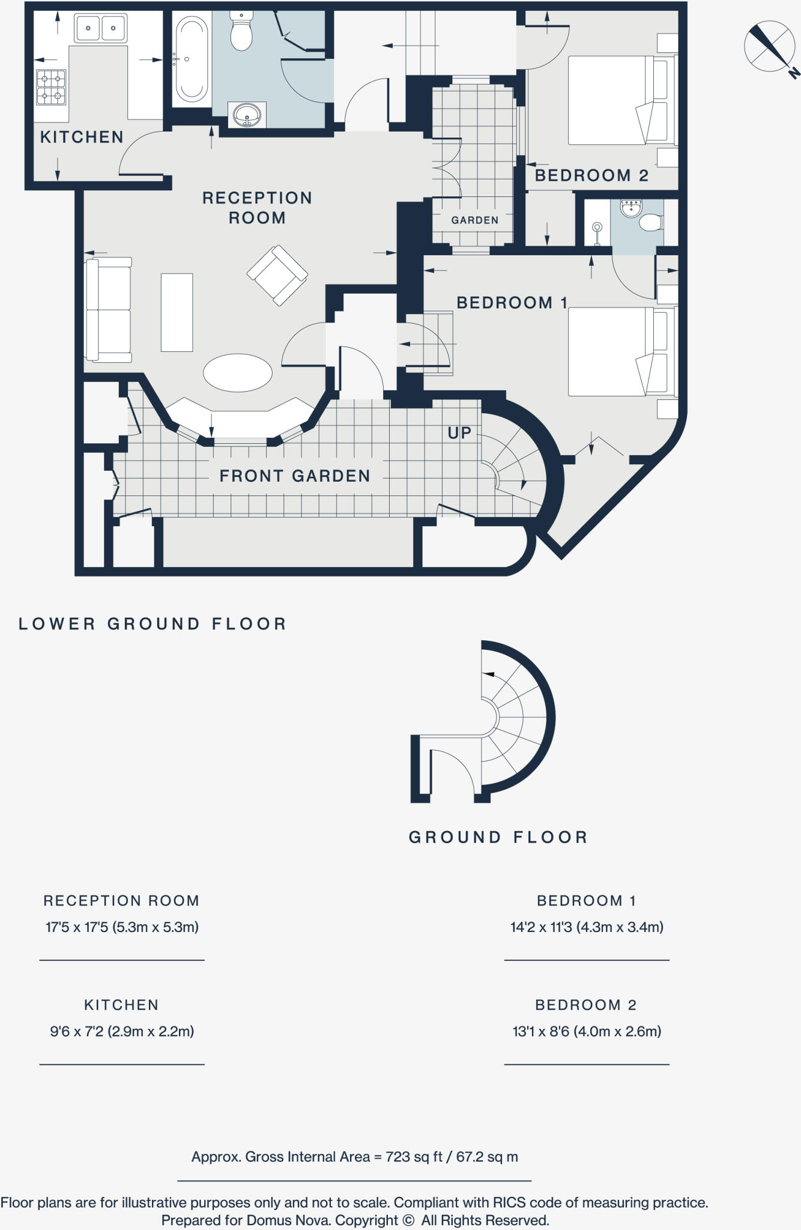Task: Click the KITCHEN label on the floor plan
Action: (82, 138)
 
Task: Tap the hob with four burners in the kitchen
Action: (51, 88)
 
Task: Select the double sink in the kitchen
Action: (100, 28)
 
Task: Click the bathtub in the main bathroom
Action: (192, 59)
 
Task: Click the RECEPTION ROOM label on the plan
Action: (257, 208)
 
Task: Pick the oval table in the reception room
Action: (237, 373)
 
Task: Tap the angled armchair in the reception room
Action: (277, 274)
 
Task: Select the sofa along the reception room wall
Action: (109, 310)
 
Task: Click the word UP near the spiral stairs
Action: (459, 433)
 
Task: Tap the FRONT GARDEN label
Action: (294, 476)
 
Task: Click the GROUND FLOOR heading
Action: (498, 837)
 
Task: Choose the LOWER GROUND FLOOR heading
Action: (153, 624)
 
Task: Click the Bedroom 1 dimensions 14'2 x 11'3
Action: (587, 927)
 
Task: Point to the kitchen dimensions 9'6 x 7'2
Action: (122, 1031)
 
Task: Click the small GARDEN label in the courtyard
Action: (474, 220)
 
